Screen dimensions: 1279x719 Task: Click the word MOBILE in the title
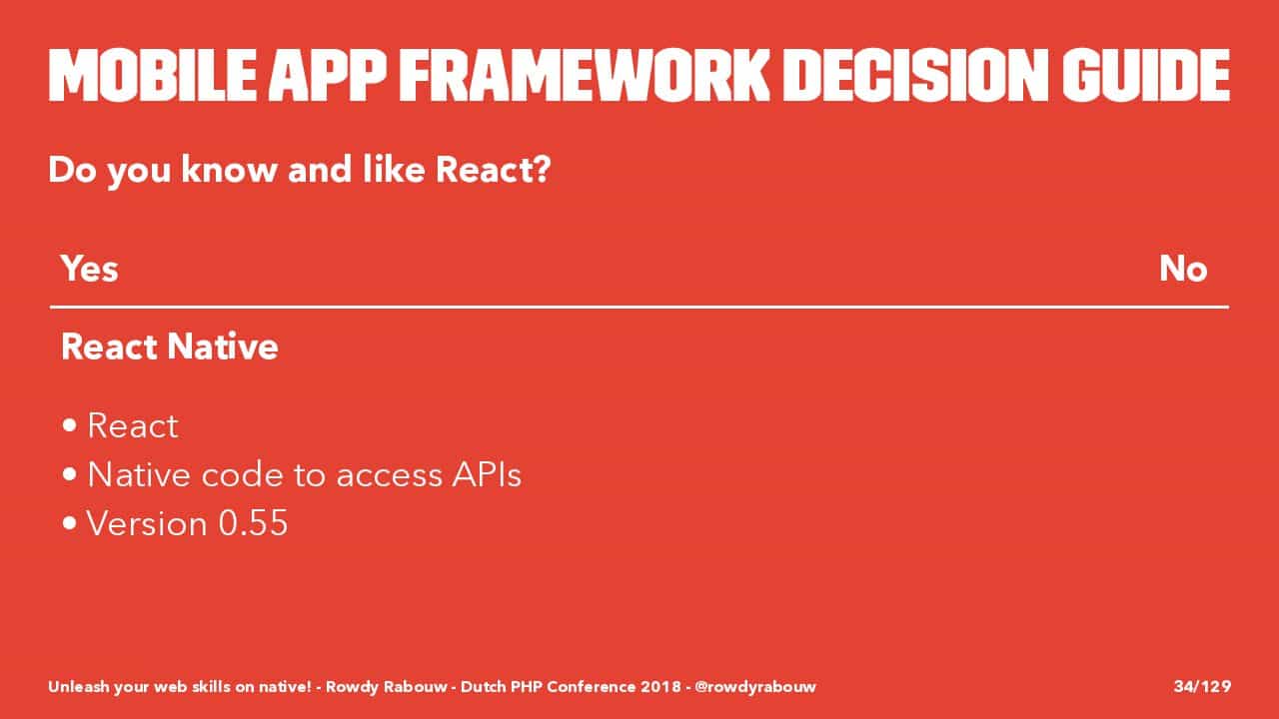coord(153,75)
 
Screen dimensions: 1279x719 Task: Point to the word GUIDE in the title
coord(1146,75)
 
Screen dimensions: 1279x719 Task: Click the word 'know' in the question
coord(229,170)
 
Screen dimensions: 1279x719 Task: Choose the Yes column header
coord(90,269)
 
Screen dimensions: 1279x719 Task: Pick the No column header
coord(1183,269)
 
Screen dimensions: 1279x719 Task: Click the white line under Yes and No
coord(639,307)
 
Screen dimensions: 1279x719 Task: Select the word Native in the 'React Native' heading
coord(223,347)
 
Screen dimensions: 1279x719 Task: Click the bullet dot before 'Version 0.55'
coord(70,522)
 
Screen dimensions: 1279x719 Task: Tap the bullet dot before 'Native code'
coord(70,473)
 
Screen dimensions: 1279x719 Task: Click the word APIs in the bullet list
coord(487,474)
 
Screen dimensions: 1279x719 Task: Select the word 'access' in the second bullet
coord(389,477)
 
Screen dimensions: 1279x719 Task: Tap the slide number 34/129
coord(1202,686)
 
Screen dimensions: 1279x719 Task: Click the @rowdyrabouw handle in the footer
coord(755,687)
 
